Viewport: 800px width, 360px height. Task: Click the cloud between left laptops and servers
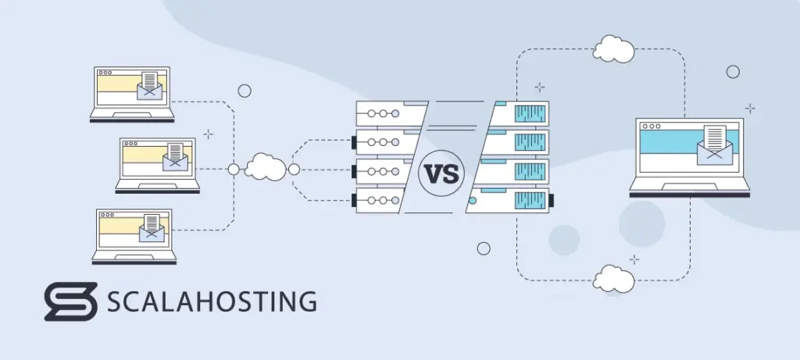tap(264, 167)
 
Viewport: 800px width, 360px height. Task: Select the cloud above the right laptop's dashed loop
tap(612, 49)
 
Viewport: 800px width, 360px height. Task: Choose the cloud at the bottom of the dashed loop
tap(613, 278)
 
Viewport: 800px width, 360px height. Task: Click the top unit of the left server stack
tap(387, 114)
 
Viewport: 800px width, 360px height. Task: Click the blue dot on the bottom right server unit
tap(471, 201)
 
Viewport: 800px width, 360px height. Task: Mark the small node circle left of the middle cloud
tap(233, 169)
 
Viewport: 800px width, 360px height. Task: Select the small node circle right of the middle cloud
tap(294, 169)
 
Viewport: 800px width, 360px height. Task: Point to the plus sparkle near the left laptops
tap(208, 134)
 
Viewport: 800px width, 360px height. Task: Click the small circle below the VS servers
tap(484, 248)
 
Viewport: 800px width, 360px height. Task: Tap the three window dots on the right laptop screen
tap(652, 125)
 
